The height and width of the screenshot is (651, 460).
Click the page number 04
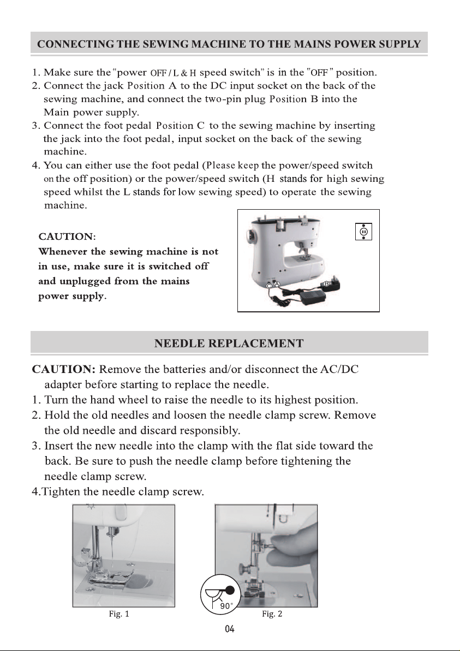click(229, 629)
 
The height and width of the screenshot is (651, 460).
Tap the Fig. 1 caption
click(119, 614)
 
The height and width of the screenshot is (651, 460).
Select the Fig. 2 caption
click(272, 614)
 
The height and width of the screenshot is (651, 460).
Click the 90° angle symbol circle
click(220, 594)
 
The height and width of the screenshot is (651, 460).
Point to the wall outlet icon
click(364, 231)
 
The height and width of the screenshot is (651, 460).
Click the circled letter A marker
click(278, 284)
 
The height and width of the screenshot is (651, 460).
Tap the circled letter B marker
click(326, 284)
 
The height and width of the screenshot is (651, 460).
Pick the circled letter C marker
click(269, 286)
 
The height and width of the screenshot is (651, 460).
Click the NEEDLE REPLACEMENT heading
click(229, 344)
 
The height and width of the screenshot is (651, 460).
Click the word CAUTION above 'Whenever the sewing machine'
click(67, 236)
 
